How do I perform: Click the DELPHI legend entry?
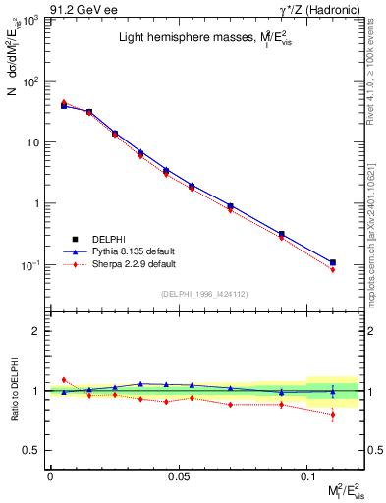tap(108, 239)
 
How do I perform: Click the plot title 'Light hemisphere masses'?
tap(197, 39)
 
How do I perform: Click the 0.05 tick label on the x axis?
tap(178, 476)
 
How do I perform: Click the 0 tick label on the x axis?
tap(50, 476)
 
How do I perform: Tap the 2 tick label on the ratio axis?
tap(36, 331)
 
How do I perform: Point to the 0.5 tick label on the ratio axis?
tap(32, 450)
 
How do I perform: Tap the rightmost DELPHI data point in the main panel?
tap(333, 262)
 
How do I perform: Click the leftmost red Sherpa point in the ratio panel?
tap(64, 379)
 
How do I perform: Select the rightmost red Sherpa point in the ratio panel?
tap(333, 415)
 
